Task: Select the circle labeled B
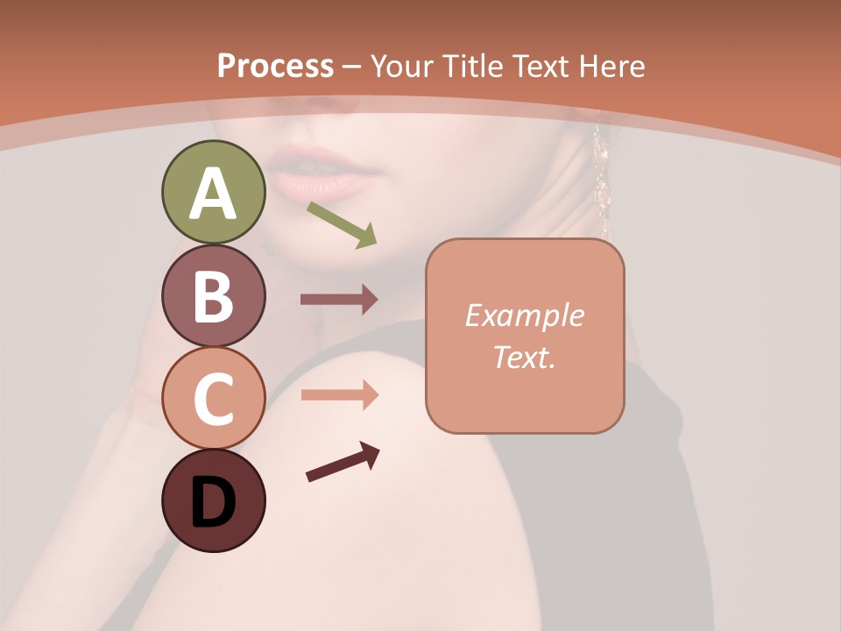point(213,295)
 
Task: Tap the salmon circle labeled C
point(213,399)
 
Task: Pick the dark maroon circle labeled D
point(213,500)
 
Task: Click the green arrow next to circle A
point(342,224)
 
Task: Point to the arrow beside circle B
point(339,300)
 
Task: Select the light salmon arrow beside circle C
point(339,395)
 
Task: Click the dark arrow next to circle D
point(343,463)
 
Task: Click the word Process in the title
point(275,66)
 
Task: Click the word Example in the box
point(525,315)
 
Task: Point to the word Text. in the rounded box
point(525,357)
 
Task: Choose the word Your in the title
point(403,66)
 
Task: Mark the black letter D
point(213,504)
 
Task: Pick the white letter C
point(213,401)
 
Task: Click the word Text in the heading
point(540,66)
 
